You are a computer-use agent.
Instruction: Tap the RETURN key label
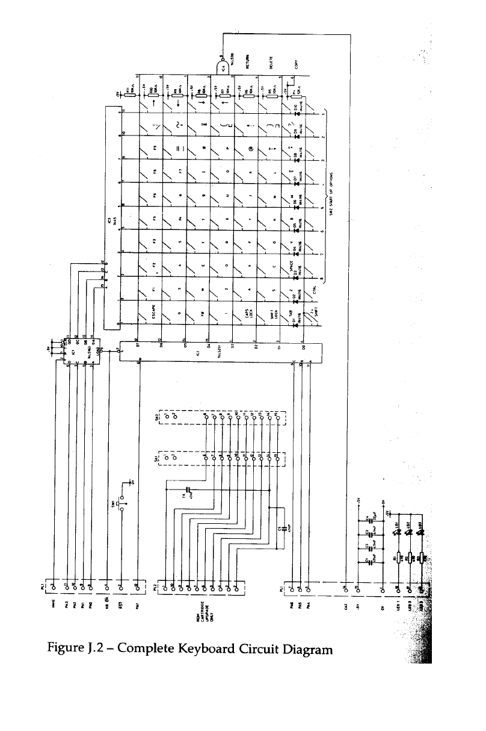click(x=248, y=63)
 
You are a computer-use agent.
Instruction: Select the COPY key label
click(x=295, y=63)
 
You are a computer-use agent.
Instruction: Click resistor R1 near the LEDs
click(x=397, y=558)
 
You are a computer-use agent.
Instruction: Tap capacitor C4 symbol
click(x=368, y=517)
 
